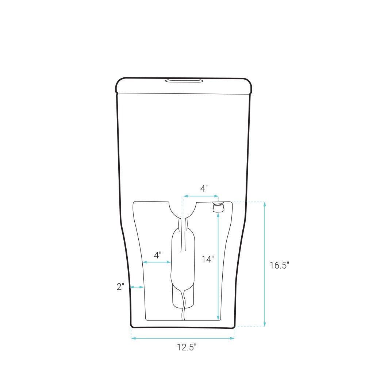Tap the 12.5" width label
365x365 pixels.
coord(187,347)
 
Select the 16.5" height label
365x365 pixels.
coord(279,265)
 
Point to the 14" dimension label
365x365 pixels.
coord(207,260)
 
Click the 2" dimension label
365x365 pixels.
coord(120,287)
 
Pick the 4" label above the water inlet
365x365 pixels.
coord(204,189)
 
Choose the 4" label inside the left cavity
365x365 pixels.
coord(157,255)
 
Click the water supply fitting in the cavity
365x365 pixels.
coord(218,208)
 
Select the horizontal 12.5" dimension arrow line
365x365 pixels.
coord(183,338)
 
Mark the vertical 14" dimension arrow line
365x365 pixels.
coord(218,266)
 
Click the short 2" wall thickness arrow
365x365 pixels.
coord(137,287)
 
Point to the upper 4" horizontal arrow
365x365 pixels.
coord(201,196)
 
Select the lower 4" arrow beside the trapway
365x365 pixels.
coord(157,262)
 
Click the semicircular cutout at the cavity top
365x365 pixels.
coord(183,210)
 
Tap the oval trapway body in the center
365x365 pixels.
coord(183,266)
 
